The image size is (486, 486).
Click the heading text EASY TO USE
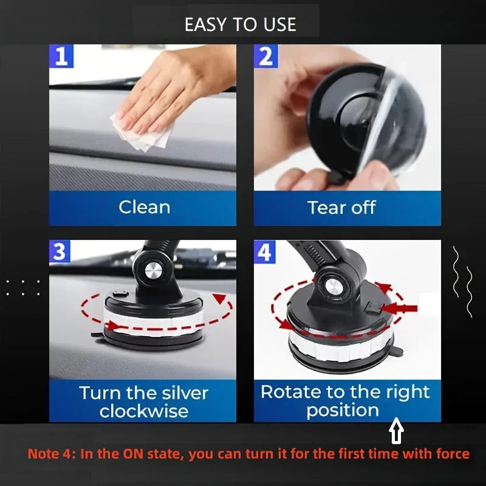240,24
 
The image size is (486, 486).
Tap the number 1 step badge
61,56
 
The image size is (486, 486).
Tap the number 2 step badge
265,56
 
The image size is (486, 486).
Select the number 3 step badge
61,252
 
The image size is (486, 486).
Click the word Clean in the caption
144,207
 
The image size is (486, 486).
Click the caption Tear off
341,207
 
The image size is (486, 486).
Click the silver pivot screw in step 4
333,285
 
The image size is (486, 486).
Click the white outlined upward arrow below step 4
397,433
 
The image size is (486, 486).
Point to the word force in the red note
450,454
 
